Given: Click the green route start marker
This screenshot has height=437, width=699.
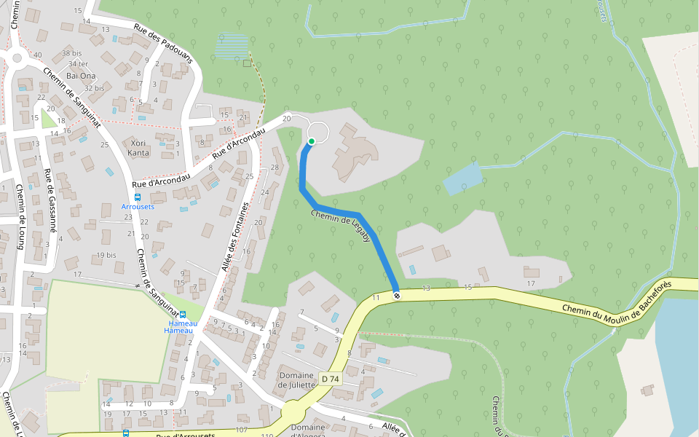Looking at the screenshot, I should pos(312,141).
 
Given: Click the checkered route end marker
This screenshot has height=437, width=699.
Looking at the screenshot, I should pos(396,295).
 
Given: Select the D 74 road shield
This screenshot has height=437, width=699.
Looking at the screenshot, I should pos(330,379).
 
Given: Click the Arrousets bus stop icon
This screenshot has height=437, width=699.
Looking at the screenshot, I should pos(138,197).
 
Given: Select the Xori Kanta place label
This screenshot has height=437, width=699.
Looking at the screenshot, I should pos(138,148).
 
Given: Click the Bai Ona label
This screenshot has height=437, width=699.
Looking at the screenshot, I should pos(81,75).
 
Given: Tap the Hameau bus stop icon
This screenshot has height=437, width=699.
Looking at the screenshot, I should pos(182,315).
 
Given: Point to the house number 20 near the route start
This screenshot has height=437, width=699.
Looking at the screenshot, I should pos(286,118).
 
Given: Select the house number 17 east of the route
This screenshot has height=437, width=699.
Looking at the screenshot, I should pos(531,283).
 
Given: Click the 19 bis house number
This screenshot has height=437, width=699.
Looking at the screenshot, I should pos(106,255).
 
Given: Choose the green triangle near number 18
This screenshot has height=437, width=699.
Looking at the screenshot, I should pos(48,117).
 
